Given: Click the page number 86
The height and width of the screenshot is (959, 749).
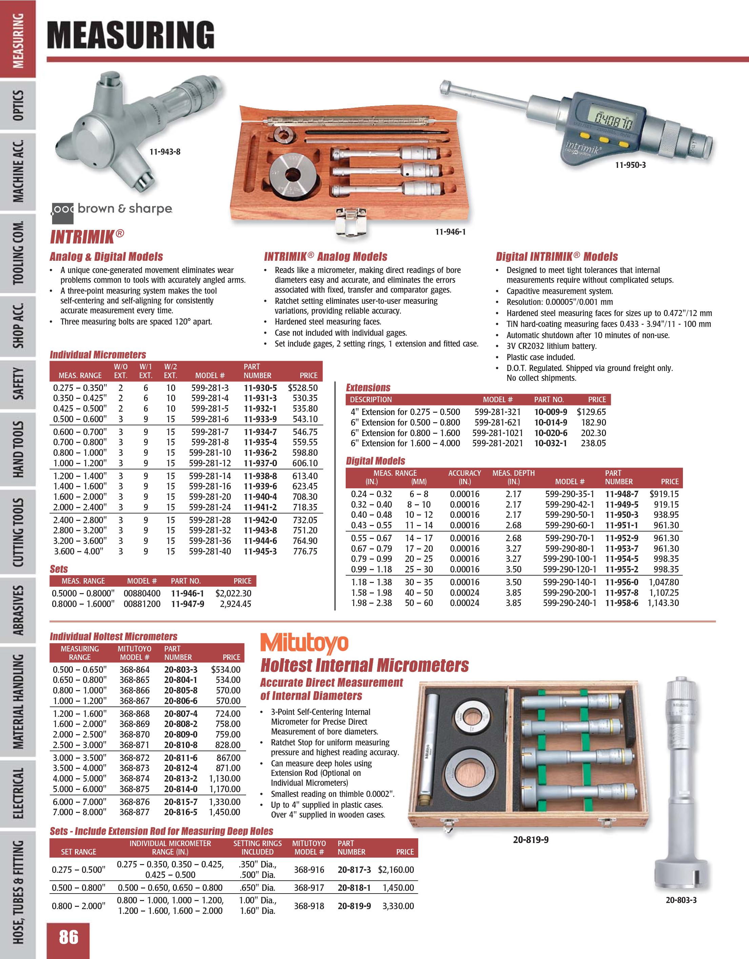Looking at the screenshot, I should click(68, 937).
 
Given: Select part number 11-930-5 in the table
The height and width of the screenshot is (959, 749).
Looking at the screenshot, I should click(260, 388).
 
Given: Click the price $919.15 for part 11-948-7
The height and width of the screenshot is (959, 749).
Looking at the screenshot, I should click(664, 494).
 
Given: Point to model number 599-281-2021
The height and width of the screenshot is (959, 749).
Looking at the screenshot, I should click(497, 443).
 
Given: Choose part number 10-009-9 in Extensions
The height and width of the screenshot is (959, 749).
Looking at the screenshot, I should click(550, 412).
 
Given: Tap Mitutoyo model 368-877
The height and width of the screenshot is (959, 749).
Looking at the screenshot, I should click(134, 812).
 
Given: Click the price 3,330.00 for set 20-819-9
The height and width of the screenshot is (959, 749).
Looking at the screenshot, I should click(398, 905).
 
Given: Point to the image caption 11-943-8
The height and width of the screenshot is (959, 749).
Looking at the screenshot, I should click(165, 152).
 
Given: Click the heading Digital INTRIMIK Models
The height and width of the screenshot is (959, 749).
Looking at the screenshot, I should click(556, 257).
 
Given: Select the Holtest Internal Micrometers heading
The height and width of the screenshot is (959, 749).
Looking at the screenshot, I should click(364, 665).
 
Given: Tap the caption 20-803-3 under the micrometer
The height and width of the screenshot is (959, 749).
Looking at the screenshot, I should click(681, 900).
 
